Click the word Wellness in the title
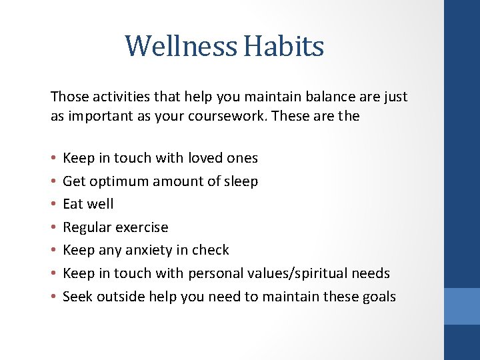(x=181, y=47)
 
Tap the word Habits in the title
(x=283, y=47)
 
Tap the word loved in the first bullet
(x=205, y=158)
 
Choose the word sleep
(x=241, y=181)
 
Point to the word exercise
(x=142, y=227)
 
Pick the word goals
(x=377, y=297)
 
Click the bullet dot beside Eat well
(x=53, y=205)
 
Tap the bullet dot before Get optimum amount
(x=53, y=182)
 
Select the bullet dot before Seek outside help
(x=53, y=297)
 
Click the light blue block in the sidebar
(x=462, y=306)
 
